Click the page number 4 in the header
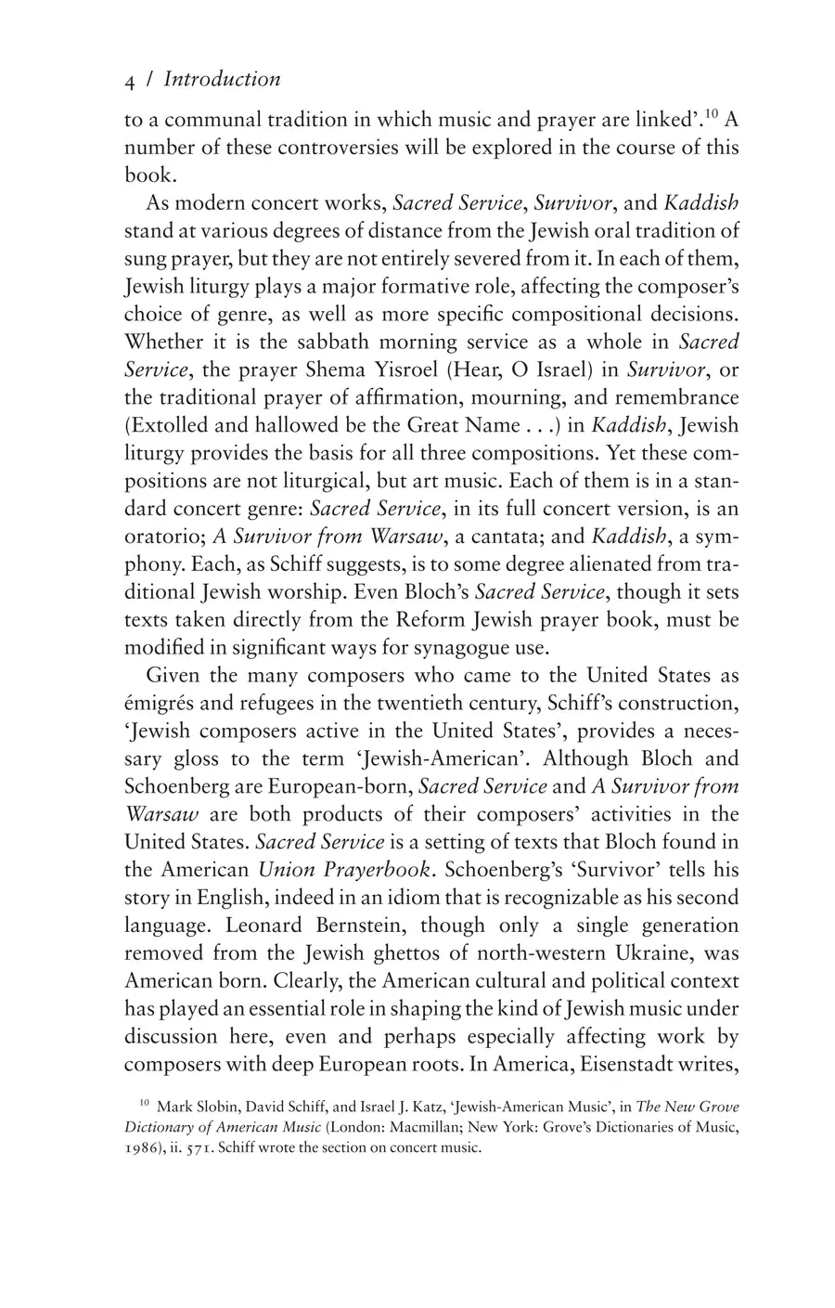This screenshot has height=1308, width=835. click(131, 81)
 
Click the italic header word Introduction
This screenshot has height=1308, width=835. click(222, 80)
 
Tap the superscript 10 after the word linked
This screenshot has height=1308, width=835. click(712, 114)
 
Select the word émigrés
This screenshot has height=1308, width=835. click(162, 703)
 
